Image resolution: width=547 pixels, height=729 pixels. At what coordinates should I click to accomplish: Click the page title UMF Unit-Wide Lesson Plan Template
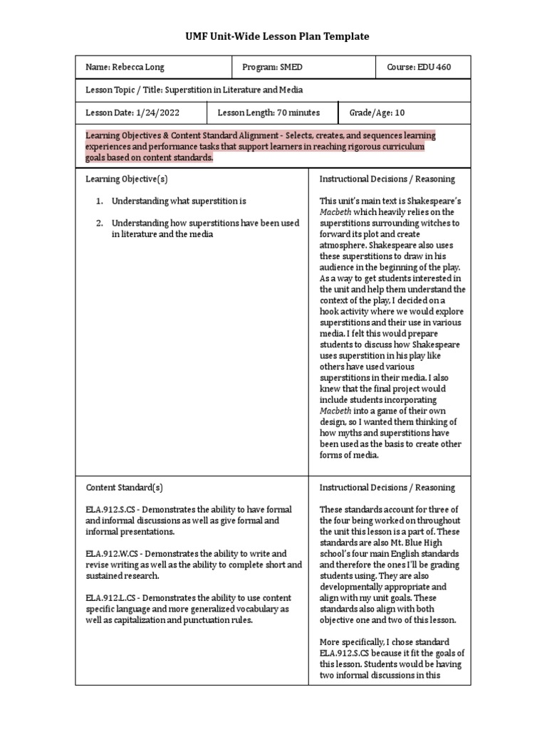click(273, 36)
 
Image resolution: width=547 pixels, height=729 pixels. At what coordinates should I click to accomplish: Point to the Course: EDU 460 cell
click(419, 68)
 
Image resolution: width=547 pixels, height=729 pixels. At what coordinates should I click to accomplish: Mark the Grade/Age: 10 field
click(377, 112)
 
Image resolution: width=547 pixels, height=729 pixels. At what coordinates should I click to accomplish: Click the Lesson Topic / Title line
click(194, 90)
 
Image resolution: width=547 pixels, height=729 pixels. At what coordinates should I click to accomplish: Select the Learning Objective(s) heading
click(127, 179)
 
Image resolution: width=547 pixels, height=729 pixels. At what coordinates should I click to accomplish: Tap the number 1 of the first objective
click(99, 201)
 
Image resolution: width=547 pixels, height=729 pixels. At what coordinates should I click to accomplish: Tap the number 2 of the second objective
click(99, 223)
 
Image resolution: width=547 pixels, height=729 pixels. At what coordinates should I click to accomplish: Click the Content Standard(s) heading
click(125, 488)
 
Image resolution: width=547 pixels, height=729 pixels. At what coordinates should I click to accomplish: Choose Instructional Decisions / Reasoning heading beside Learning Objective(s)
click(387, 179)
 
